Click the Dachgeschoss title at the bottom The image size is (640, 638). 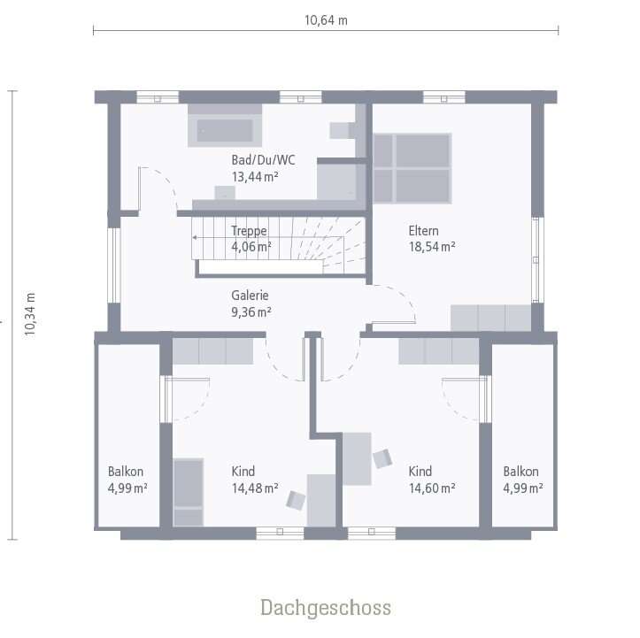point(325,608)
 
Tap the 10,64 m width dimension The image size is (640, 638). point(325,20)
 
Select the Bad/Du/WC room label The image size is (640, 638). point(263,160)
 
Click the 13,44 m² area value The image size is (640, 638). point(256,176)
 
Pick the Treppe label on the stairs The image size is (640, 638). point(249,231)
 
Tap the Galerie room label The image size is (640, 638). point(251,296)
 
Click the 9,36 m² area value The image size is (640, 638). point(251,311)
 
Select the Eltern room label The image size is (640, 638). point(424,231)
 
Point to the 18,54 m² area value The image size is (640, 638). point(432,247)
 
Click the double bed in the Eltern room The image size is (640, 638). point(412,167)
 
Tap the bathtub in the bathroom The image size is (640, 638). point(225,130)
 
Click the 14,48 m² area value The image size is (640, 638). point(255,488)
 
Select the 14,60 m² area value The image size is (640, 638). point(432,488)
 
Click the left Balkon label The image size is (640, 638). point(126,472)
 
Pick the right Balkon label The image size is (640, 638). point(520,472)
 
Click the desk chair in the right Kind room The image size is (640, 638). point(382,458)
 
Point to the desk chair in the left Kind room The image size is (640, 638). point(296,500)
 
